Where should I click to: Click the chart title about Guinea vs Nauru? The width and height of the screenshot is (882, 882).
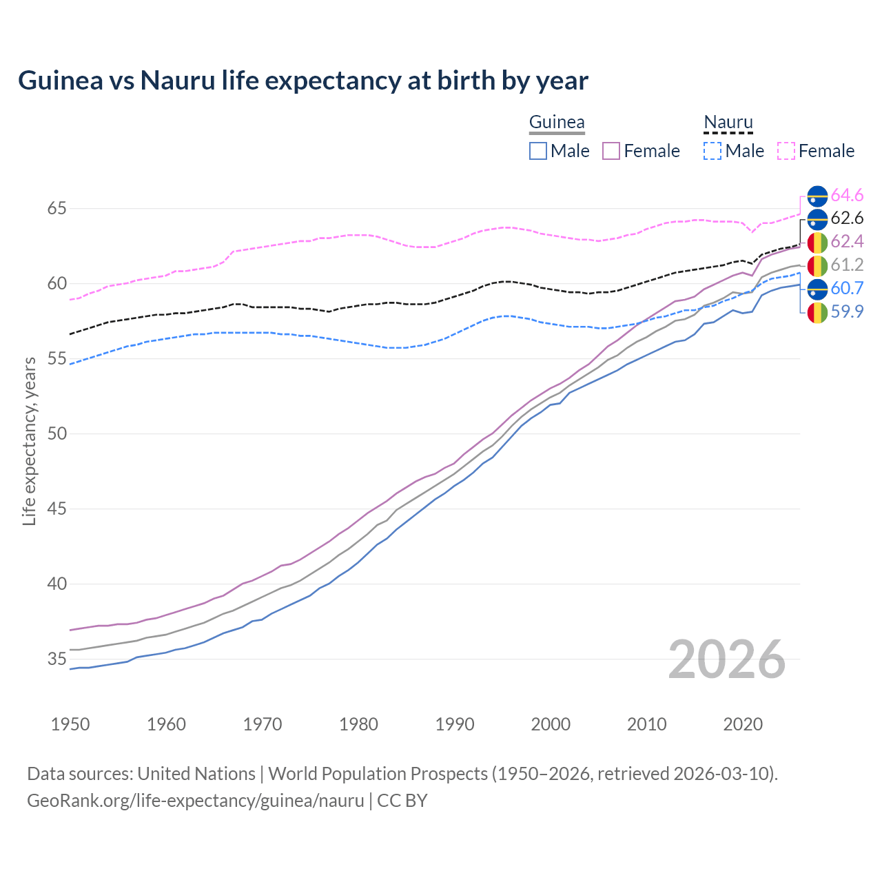[x=303, y=81]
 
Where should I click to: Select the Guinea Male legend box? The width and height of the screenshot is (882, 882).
[x=538, y=151]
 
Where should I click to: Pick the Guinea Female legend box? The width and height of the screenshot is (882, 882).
[x=611, y=151]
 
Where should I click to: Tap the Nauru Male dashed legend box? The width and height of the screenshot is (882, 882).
[x=712, y=151]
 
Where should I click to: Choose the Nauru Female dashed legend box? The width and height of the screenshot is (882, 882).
[x=786, y=151]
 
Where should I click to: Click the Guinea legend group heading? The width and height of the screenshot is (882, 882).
[x=557, y=122]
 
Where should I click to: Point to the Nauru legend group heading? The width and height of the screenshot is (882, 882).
[x=728, y=122]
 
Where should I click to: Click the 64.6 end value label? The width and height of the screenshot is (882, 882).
[x=847, y=196]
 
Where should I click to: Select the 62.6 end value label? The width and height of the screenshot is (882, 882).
[x=847, y=218]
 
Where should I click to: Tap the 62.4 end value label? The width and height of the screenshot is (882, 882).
[x=847, y=242]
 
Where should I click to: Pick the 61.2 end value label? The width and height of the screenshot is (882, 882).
[x=847, y=265]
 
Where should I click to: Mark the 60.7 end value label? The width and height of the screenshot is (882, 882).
[x=847, y=288]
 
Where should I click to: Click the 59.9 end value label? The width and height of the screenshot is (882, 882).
[x=847, y=311]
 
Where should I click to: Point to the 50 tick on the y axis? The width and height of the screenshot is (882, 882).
[x=57, y=433]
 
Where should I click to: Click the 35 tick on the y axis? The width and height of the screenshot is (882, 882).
[x=57, y=659]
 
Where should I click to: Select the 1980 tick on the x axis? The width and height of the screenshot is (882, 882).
[x=358, y=724]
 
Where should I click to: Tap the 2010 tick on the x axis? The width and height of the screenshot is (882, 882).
[x=646, y=724]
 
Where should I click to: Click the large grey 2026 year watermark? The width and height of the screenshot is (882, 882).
[x=727, y=659]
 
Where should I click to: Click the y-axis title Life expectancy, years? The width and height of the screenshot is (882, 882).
[x=30, y=441]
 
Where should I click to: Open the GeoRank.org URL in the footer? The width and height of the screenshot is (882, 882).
[x=195, y=801]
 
